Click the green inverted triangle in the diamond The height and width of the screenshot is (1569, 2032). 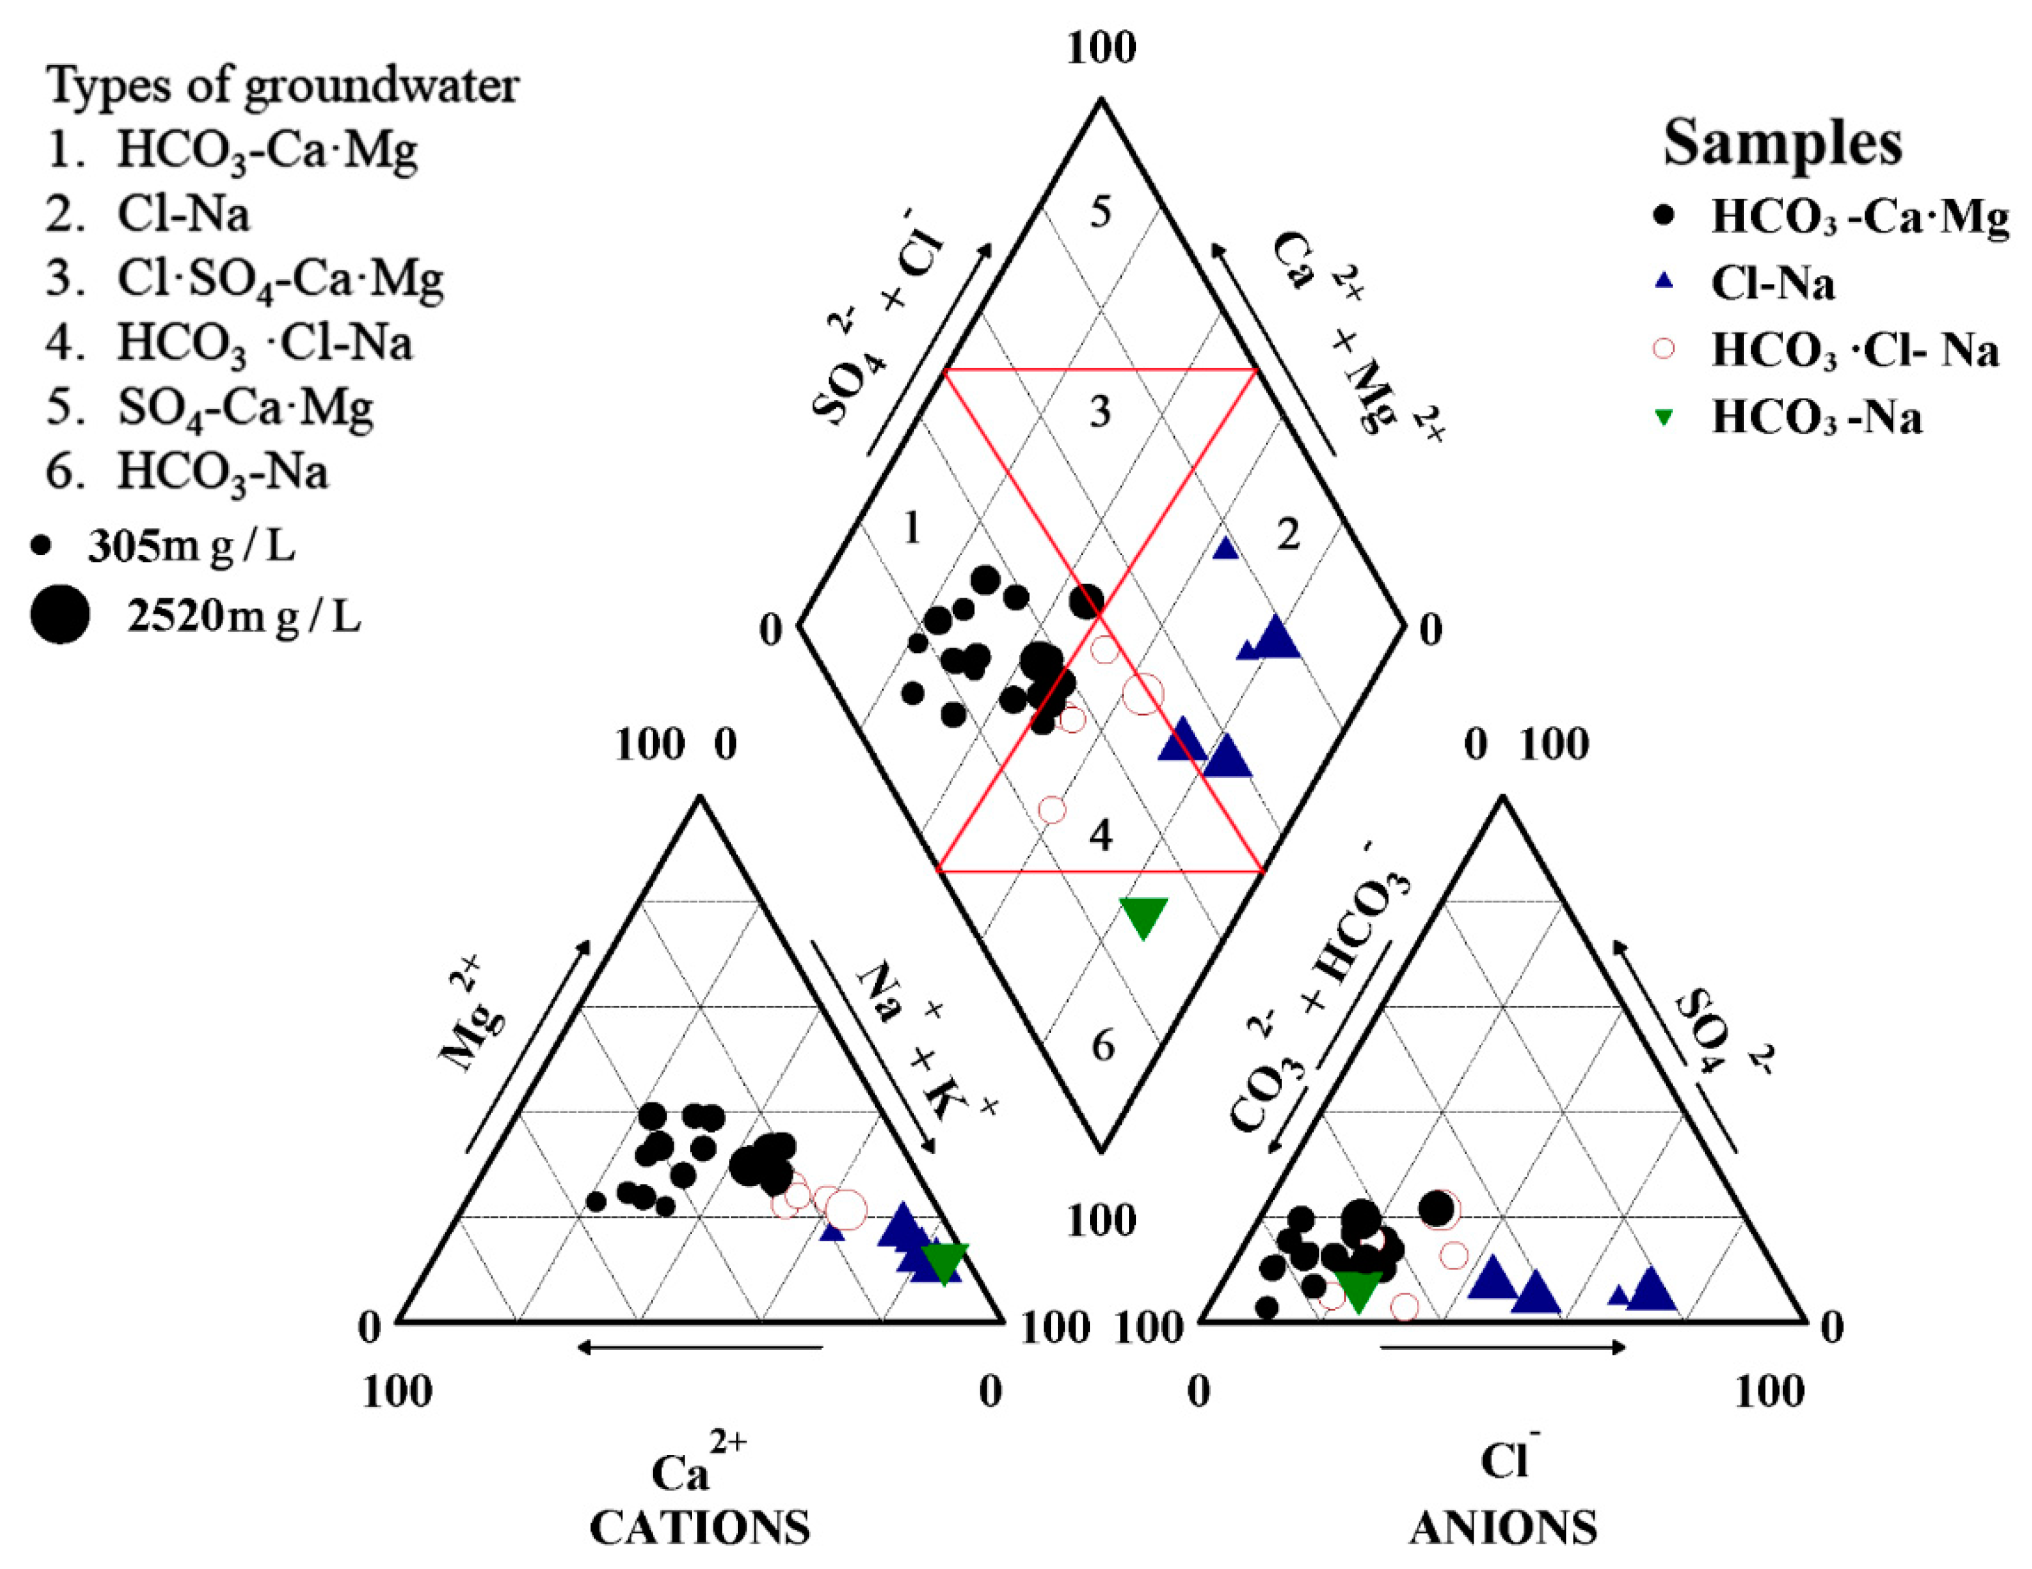[1143, 917]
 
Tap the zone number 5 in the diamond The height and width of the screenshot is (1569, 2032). [1100, 212]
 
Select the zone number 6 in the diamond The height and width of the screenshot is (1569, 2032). [1102, 1046]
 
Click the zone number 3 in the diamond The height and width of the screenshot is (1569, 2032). [1100, 411]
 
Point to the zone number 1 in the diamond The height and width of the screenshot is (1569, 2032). [912, 528]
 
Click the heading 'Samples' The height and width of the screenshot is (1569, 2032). [1782, 144]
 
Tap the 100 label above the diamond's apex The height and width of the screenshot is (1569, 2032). [1100, 48]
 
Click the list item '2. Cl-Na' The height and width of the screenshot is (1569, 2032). [149, 215]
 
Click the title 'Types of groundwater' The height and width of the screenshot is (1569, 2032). [283, 85]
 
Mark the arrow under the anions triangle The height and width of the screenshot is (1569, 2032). [1502, 1347]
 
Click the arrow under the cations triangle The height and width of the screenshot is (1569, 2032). [700, 1347]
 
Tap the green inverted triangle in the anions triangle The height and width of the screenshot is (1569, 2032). [1358, 1291]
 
